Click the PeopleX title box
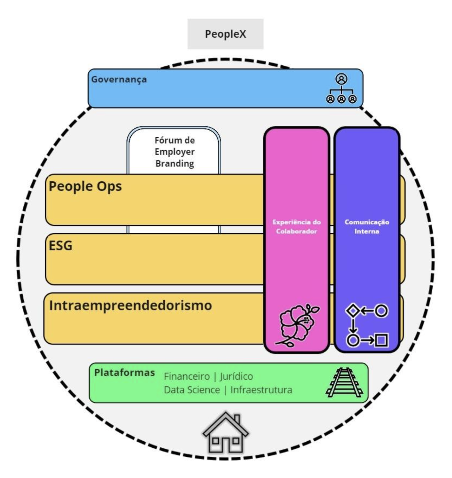(x=225, y=34)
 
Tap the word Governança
(x=119, y=80)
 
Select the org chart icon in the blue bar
(x=341, y=89)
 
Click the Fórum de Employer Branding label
(x=175, y=152)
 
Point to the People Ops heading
(x=85, y=186)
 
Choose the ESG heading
(x=61, y=246)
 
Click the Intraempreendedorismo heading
(x=130, y=306)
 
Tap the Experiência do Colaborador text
(x=296, y=227)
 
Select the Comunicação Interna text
(x=366, y=227)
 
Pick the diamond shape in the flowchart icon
(x=353, y=311)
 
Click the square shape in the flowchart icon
(x=381, y=340)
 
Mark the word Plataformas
(x=124, y=372)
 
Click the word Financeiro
(x=187, y=376)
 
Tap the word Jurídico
(x=236, y=376)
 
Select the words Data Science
(x=192, y=390)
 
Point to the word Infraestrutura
(x=261, y=390)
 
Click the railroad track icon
(x=344, y=382)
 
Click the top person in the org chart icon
(x=341, y=79)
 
